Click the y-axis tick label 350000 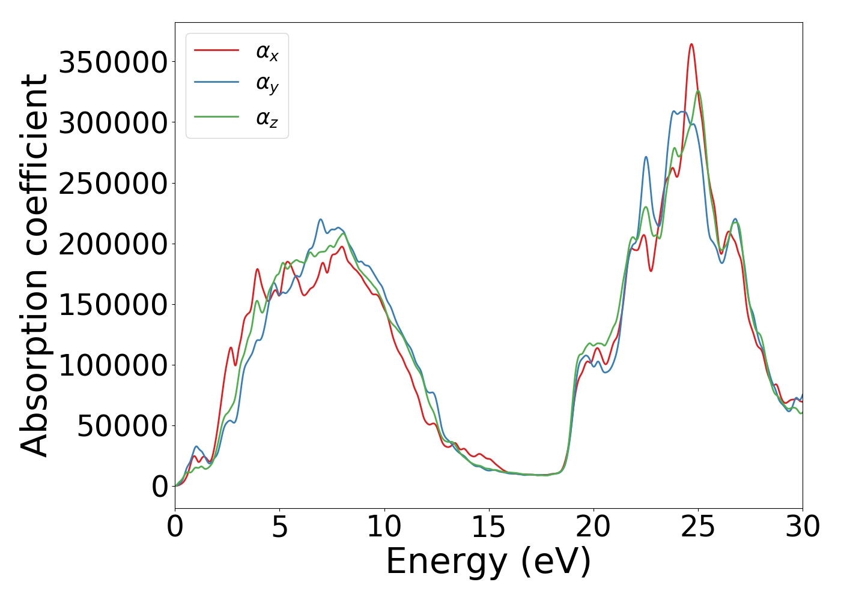point(112,62)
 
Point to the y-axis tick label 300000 point(112,123)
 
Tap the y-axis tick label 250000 point(112,184)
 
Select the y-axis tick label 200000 point(112,244)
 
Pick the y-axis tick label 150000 point(112,305)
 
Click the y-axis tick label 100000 point(112,365)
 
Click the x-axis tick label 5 point(280,527)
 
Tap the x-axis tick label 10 point(384,527)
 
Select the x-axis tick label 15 point(489,527)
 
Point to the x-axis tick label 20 point(594,527)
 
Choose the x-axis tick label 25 point(698,527)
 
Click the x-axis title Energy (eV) point(488,562)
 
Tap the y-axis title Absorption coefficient point(35,265)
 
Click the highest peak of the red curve point(691,44)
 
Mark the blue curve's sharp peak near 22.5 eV point(646,157)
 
